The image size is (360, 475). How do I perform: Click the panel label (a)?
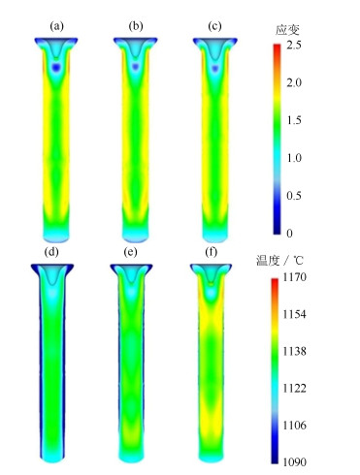[56, 26]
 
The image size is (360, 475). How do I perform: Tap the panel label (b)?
[136, 26]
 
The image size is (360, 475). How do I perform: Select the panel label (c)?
[214, 26]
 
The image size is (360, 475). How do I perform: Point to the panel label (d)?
[52, 252]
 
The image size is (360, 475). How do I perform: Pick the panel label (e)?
[130, 252]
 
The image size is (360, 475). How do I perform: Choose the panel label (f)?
[212, 252]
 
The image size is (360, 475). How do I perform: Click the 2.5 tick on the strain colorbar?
[294, 45]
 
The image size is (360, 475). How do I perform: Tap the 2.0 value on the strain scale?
[294, 82]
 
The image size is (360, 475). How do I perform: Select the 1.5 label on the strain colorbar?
[294, 120]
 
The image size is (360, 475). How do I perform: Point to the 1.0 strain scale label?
[294, 158]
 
